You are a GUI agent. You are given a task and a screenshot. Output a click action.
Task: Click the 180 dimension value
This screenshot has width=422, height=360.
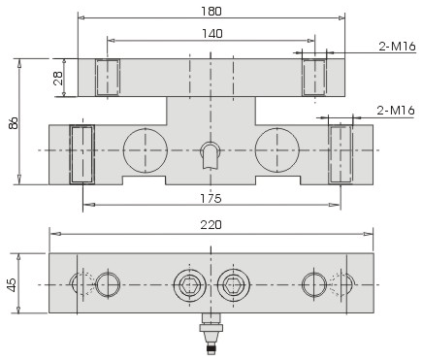tap(211, 12)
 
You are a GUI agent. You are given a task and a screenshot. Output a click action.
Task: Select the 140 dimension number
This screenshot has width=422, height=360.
tap(212, 34)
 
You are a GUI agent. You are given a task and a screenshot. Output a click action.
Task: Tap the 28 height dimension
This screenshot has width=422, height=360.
tap(58, 78)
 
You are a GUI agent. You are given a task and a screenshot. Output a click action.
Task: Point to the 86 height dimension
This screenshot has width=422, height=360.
tap(14, 123)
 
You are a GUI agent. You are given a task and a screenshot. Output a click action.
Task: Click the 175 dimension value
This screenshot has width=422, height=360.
tap(211, 198)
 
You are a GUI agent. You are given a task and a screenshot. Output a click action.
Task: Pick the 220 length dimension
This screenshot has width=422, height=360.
tap(211, 225)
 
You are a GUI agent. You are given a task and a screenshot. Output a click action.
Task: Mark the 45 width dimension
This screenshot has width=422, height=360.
tap(12, 284)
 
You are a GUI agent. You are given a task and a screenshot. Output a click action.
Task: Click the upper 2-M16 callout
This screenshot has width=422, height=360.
tap(397, 47)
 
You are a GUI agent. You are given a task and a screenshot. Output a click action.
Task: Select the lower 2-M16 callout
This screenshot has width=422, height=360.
tap(396, 111)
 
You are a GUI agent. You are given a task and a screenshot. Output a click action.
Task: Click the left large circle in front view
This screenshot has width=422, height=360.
tap(146, 150)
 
